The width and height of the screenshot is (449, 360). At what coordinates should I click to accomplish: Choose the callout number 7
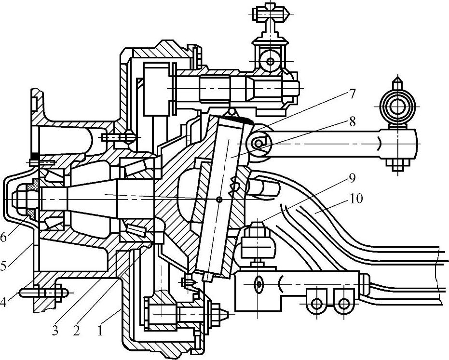coord(353,94)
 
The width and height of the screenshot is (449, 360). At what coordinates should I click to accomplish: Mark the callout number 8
coord(353,121)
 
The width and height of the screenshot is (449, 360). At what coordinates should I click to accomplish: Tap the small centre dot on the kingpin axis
coord(219,200)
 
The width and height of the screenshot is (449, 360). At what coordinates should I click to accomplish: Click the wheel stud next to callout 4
coord(43,292)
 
